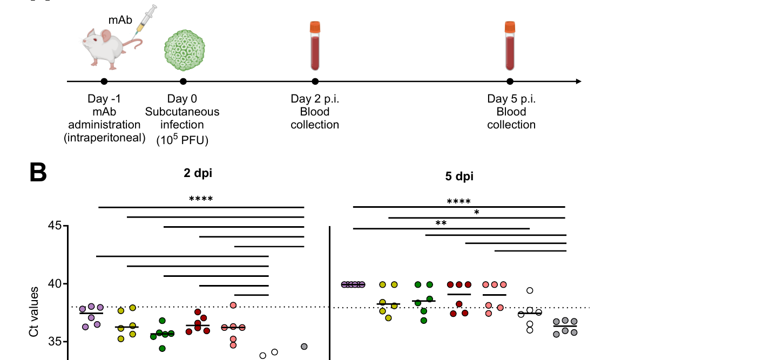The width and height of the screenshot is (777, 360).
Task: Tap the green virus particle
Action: coord(184,50)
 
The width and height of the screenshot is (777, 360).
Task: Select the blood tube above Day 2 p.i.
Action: coord(315,46)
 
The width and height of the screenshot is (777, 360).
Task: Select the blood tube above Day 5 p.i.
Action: coord(510,46)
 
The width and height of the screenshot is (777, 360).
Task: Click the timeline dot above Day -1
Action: coord(104,81)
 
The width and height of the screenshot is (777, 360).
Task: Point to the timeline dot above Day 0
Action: coord(183,81)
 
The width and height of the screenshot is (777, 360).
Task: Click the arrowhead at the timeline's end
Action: coord(579,81)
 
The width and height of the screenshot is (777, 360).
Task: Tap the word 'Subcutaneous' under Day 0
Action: coord(182,112)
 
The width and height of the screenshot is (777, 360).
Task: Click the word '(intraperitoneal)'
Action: coord(104,138)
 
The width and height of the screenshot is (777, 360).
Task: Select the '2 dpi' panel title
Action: coord(198,173)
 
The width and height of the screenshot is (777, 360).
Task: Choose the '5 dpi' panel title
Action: coord(460,176)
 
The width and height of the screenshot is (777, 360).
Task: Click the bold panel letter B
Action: coord(38,172)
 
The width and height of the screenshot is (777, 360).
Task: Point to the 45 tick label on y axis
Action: coord(55,226)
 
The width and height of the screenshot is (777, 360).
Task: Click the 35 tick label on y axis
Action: coord(55,342)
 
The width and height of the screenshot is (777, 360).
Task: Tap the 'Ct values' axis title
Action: coord(33,312)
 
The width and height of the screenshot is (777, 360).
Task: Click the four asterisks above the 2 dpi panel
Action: coord(201,199)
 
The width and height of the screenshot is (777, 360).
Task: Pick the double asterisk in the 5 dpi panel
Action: coord(441,223)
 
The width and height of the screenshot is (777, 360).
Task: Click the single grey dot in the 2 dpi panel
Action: coord(304,347)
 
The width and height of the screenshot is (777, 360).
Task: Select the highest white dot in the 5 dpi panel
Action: coord(530,290)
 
